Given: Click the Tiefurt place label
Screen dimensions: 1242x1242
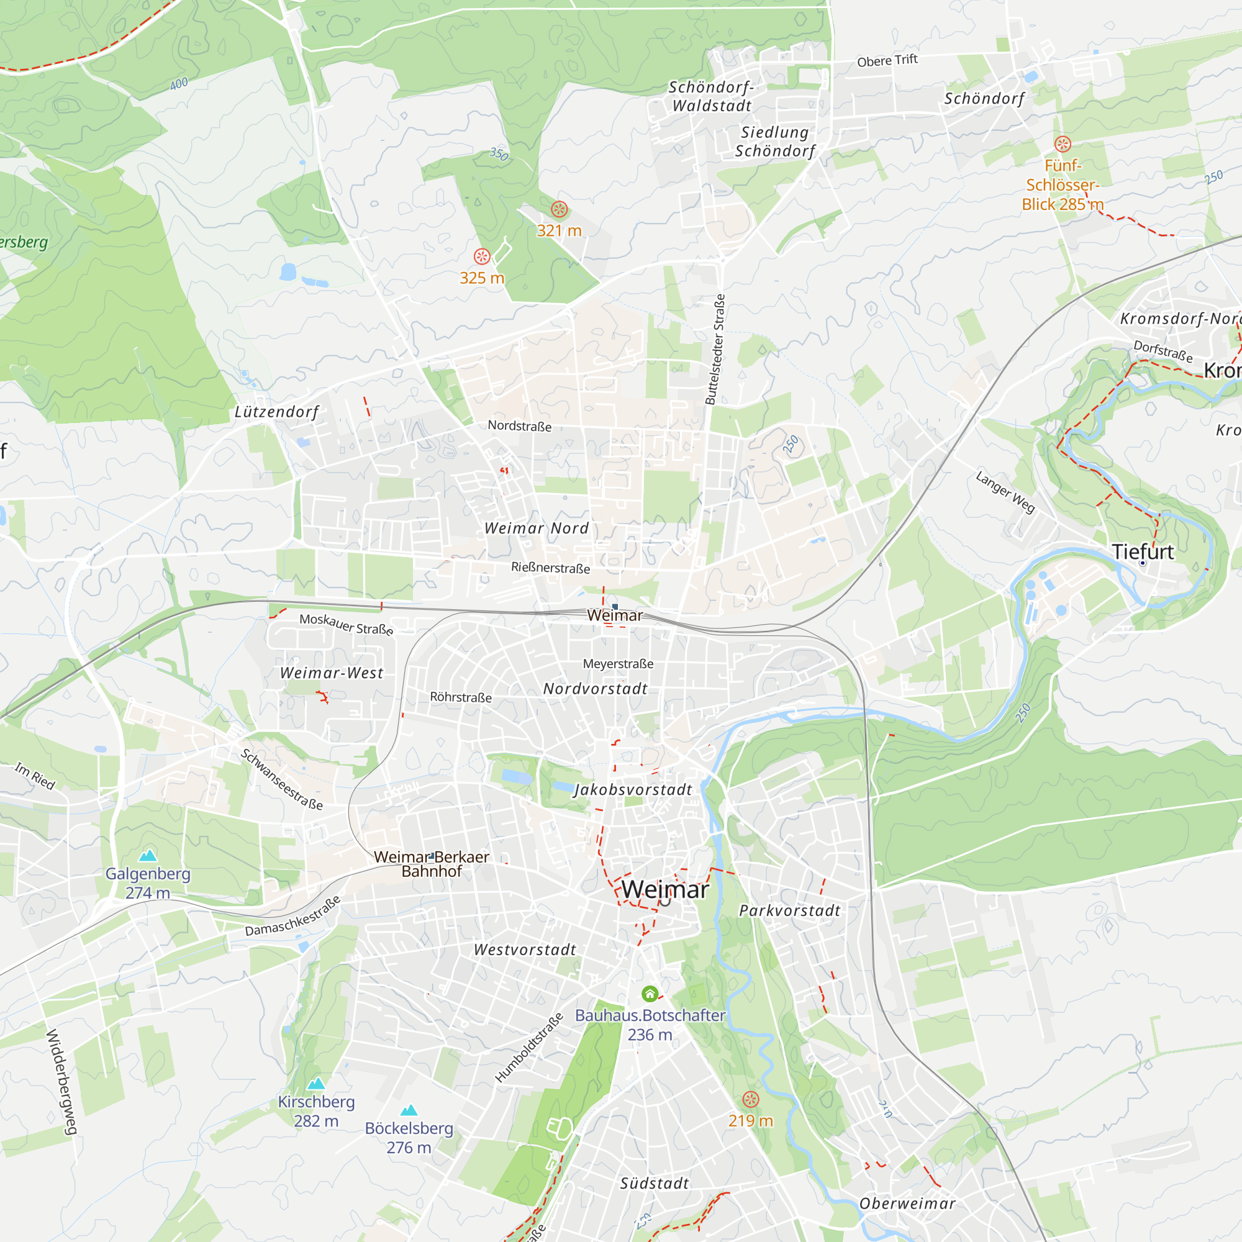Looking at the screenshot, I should (1143, 551).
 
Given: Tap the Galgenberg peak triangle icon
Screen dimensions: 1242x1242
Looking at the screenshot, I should (148, 855).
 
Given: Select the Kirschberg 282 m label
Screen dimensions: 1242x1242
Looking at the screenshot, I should (315, 1111).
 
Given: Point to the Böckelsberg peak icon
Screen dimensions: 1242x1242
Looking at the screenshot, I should (409, 1110).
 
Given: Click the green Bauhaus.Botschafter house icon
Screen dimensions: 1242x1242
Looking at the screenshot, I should (650, 994).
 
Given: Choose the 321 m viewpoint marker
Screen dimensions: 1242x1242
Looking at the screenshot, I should (560, 209).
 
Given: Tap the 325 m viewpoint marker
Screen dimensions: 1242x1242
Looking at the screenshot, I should (481, 256).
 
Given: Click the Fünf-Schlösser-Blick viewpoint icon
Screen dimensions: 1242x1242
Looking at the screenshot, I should (1063, 144).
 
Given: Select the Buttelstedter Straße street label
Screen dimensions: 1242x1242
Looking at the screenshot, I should (715, 349).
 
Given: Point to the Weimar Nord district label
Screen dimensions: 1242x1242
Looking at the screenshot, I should (536, 528).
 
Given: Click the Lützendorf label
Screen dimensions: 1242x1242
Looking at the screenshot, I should (276, 412).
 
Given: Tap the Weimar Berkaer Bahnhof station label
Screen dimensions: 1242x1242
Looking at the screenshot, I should (432, 864).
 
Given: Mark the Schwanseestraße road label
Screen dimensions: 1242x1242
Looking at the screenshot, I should (281, 779).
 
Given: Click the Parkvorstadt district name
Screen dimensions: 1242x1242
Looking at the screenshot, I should (789, 910).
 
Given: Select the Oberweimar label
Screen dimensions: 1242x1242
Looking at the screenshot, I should (907, 1203).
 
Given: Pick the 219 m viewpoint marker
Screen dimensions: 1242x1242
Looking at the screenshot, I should (750, 1099).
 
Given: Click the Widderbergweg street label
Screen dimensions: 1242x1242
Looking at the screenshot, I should (61, 1082).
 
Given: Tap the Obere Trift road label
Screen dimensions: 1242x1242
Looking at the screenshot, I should (887, 60).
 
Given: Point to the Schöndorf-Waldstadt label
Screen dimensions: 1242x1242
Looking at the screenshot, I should (712, 96).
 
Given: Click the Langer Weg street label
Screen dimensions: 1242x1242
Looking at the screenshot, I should (1005, 492).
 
